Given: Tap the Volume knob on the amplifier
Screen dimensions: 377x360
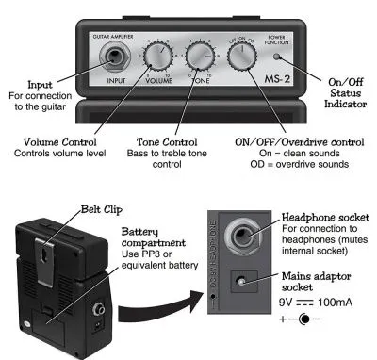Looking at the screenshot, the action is click(x=158, y=57).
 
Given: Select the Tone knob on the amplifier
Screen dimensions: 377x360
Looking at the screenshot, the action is click(x=200, y=57).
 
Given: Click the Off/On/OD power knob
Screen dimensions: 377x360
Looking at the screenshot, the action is click(x=242, y=55).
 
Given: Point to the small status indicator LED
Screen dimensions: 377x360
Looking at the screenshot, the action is click(x=276, y=57).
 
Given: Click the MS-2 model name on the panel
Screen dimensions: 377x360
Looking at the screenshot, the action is click(x=277, y=79).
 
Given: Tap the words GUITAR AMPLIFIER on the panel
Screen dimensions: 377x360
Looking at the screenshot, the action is click(x=113, y=37).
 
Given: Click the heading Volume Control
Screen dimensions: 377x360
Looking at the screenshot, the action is click(x=59, y=142).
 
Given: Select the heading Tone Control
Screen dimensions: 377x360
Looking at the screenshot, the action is click(x=167, y=142).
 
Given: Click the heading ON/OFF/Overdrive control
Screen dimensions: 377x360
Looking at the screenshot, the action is click(x=300, y=142).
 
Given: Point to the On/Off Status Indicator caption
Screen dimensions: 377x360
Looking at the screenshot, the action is click(x=346, y=93).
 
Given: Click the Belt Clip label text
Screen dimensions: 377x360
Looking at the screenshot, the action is click(x=102, y=209).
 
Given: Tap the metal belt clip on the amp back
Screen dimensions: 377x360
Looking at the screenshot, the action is click(x=45, y=261).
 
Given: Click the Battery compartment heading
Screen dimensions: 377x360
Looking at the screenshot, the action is click(x=154, y=237).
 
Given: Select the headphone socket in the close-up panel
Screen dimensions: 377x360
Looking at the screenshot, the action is click(x=242, y=236).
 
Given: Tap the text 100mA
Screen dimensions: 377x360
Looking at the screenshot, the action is click(x=335, y=303).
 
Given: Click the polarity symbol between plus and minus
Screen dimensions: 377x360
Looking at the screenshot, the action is click(x=303, y=319).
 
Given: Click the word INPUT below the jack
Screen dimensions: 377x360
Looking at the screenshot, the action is click(x=116, y=81).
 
